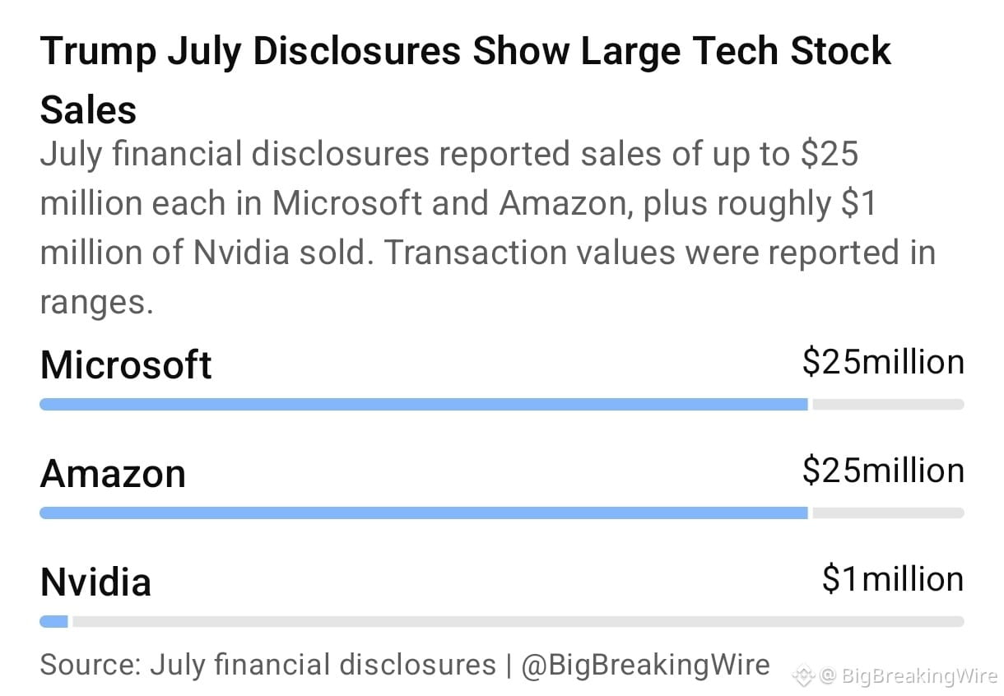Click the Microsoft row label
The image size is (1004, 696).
125,364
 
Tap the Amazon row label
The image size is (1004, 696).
113,474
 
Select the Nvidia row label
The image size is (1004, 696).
95,582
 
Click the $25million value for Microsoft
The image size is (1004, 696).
883,362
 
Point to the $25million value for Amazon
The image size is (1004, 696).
883,471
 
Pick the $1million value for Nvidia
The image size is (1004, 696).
893,579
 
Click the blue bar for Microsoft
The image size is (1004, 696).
424,404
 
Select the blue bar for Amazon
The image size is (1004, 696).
424,513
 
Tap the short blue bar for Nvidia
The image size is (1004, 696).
53,621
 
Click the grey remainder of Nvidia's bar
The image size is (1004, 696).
518,621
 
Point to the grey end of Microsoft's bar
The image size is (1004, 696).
888,404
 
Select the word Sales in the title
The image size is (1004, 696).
88,109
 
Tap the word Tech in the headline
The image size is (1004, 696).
735,51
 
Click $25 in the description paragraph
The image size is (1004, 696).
830,154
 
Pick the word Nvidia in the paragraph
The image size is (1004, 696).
241,253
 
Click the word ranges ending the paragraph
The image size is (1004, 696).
96,304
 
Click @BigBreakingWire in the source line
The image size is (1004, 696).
645,665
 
